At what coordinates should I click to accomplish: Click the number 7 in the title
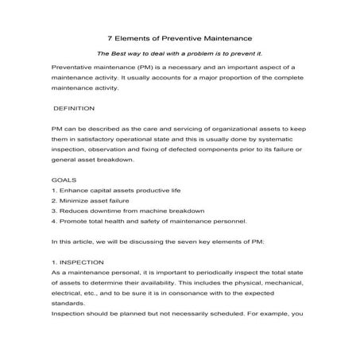point(110,37)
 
